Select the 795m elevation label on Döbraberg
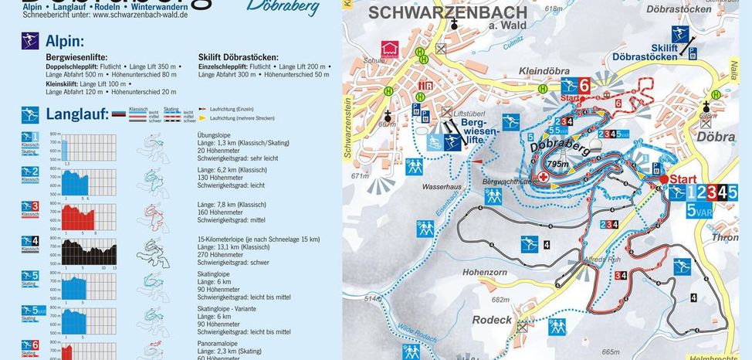(x=557, y=164)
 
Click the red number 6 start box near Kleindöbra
(x=584, y=87)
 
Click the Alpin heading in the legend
(x=65, y=41)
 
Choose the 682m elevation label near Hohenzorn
(x=500, y=300)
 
